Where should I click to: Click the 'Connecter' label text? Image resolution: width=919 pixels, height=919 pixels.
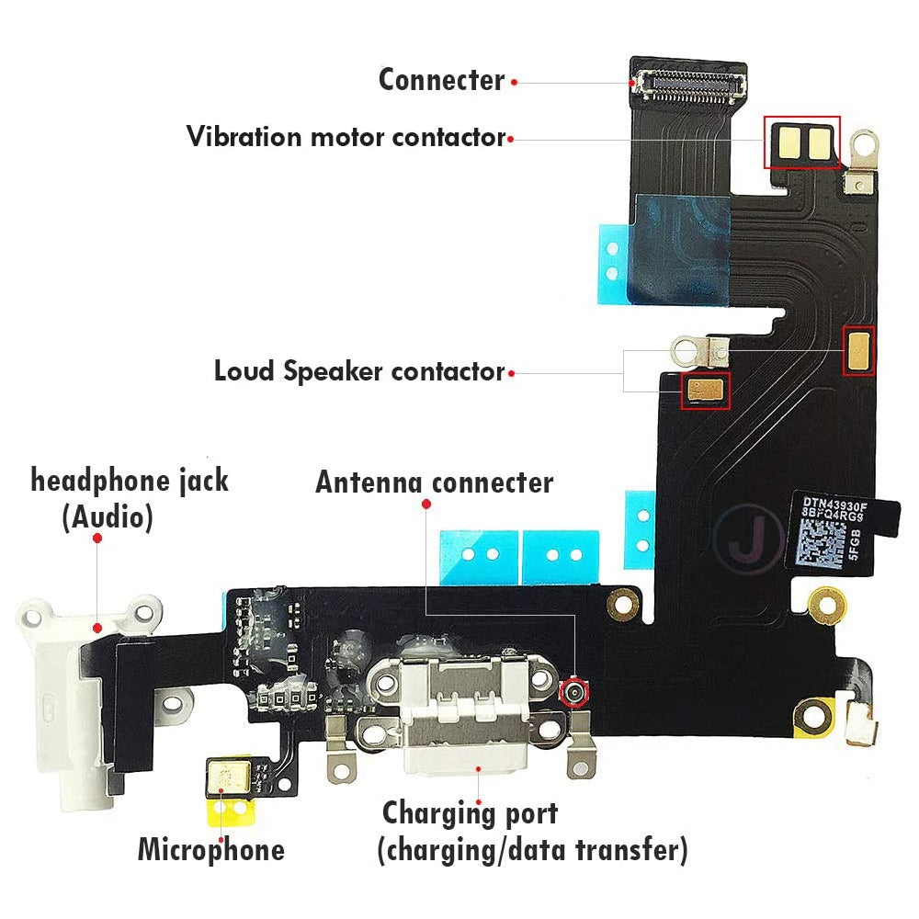441,80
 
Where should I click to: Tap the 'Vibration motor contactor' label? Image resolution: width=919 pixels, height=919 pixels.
346,138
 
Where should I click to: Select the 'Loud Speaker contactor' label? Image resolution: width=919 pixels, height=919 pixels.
359,372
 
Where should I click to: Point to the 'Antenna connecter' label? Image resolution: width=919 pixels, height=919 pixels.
434,482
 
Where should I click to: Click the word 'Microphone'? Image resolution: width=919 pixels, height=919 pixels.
210,849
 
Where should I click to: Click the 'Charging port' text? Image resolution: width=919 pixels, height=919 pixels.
470,813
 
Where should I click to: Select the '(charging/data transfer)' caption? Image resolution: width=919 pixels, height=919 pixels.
531,850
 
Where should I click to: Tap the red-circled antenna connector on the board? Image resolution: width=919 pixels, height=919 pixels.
574,692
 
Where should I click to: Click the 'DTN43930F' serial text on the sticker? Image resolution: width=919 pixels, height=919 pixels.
834,503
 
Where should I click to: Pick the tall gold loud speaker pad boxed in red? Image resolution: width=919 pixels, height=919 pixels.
858,350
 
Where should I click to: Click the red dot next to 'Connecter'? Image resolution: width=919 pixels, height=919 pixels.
515,82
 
